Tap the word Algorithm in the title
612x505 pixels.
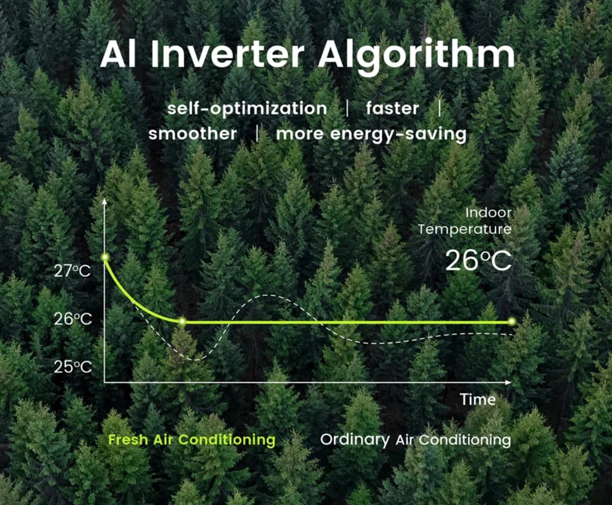click(417, 57)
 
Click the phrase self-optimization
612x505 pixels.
click(247, 108)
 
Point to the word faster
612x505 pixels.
click(392, 108)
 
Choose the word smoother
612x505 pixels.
click(192, 133)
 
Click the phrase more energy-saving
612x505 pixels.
click(371, 134)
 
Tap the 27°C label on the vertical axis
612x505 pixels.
click(72, 270)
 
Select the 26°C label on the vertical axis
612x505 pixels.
click(72, 319)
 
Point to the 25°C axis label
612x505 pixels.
click(72, 367)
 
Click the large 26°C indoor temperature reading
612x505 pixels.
click(478, 260)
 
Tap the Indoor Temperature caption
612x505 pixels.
click(464, 221)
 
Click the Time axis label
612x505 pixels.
click(478, 399)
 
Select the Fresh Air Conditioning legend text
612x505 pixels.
click(192, 440)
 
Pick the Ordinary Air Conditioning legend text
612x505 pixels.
click(415, 440)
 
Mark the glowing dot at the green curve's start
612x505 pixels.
click(105, 257)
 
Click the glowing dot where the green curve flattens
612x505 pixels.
click(182, 322)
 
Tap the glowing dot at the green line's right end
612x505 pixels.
click(512, 322)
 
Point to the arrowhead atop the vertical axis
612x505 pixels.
click(104, 201)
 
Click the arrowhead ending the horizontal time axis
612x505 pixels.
click(508, 382)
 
